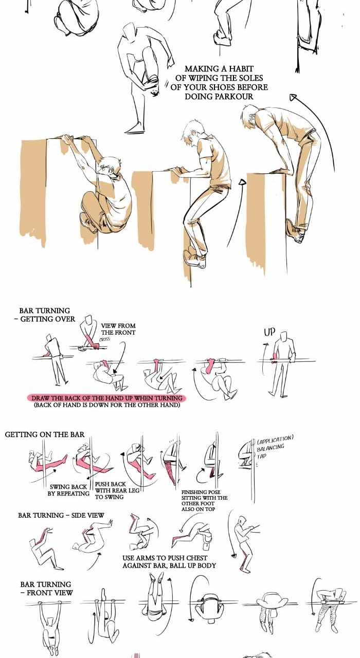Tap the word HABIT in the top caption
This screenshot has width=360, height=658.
point(242,69)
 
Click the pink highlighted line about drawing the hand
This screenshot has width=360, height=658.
point(106,398)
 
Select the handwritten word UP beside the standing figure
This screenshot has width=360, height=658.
point(269,332)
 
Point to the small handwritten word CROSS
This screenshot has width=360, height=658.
point(105,339)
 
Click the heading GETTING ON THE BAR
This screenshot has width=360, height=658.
point(45,434)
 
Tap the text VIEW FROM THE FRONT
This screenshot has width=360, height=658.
point(118,329)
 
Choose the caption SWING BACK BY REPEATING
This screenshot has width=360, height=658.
point(69,490)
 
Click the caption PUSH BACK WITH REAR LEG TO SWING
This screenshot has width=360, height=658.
point(117,490)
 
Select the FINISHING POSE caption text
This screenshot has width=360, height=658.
point(205,501)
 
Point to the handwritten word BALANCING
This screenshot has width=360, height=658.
point(271,447)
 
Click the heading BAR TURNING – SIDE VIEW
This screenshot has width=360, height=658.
point(61,515)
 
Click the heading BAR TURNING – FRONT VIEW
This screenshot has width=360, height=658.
point(46,589)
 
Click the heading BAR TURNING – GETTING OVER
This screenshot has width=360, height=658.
point(45,315)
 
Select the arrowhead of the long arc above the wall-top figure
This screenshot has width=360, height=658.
point(293,97)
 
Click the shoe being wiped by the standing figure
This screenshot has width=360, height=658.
point(153,86)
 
